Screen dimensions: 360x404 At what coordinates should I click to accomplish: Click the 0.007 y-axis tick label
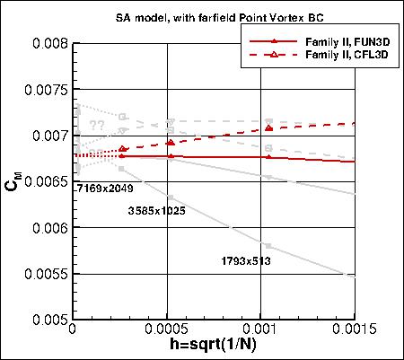[x=47, y=135]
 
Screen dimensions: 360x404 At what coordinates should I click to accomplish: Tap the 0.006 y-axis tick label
[x=47, y=227]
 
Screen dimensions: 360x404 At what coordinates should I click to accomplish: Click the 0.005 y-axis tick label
[x=47, y=320]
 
